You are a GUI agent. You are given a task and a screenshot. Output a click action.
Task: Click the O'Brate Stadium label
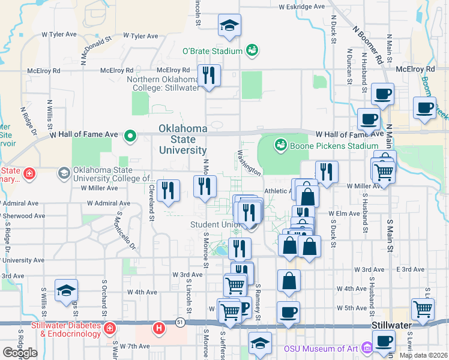click(x=212, y=52)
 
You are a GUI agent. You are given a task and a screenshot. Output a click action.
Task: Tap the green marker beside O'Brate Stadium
click(x=252, y=51)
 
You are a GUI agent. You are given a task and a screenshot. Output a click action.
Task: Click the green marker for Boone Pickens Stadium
click(x=280, y=145)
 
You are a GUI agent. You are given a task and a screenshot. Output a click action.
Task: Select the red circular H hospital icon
click(x=159, y=329)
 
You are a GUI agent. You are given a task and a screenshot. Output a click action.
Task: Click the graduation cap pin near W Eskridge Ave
click(x=229, y=26)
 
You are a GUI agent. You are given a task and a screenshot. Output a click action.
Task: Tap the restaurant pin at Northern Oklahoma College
click(x=209, y=76)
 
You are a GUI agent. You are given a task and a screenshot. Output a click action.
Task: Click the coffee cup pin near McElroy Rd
click(x=383, y=94)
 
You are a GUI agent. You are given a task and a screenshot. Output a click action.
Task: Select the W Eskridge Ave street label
click(x=302, y=7)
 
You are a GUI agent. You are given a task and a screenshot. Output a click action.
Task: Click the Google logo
click(x=20, y=353)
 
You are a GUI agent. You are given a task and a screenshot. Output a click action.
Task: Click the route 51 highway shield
click(x=179, y=323)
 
